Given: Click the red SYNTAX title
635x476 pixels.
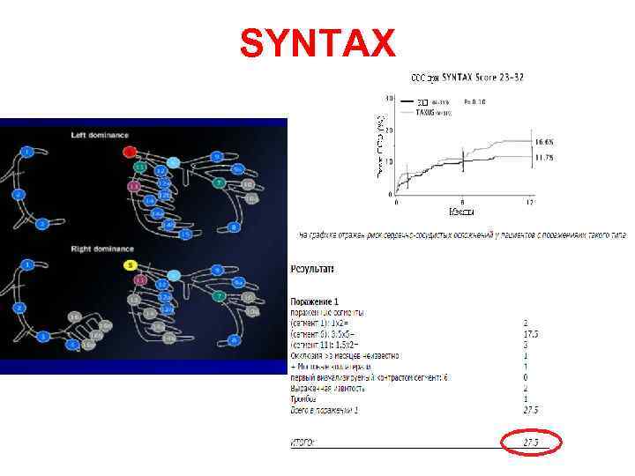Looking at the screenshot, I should pos(317,41).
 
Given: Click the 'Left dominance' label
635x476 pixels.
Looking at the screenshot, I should pos(100,135).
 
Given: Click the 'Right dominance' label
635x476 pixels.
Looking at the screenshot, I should pos(102,249).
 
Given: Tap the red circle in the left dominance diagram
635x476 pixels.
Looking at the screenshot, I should pos(130,152).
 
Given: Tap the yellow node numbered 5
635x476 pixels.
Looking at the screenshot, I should pos(130,264).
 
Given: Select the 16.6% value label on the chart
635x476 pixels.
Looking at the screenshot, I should pos(543,142).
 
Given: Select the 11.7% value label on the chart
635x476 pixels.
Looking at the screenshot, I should pos(543,157).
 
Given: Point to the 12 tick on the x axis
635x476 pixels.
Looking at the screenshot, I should pos(529,203).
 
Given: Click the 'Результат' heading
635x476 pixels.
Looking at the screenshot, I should pos(312,268).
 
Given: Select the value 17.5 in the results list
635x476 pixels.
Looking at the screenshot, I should pos(530,335).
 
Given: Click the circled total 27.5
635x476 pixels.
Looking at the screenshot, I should pos(531,442).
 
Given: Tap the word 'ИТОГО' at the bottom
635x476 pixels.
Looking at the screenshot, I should pos(304,442).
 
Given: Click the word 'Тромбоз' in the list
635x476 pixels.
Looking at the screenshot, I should pos(304,398).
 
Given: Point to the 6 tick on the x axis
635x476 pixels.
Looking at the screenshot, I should pos(462,203).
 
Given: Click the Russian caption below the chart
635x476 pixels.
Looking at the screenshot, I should pos(464,235).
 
